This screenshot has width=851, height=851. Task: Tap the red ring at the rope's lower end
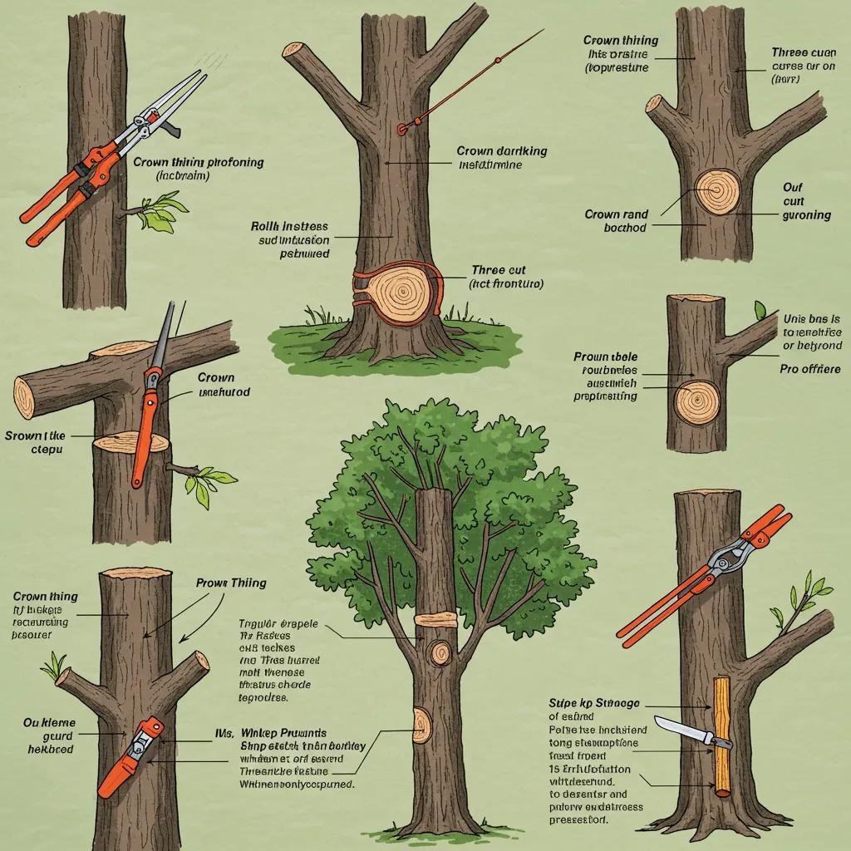(x=403, y=127)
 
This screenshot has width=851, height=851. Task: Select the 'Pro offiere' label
(x=809, y=369)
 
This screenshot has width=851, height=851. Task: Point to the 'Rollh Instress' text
(x=289, y=226)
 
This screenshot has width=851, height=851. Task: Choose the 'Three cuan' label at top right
(x=802, y=52)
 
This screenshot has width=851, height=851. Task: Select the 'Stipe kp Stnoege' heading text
(x=594, y=703)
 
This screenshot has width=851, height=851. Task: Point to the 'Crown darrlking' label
(x=501, y=151)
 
